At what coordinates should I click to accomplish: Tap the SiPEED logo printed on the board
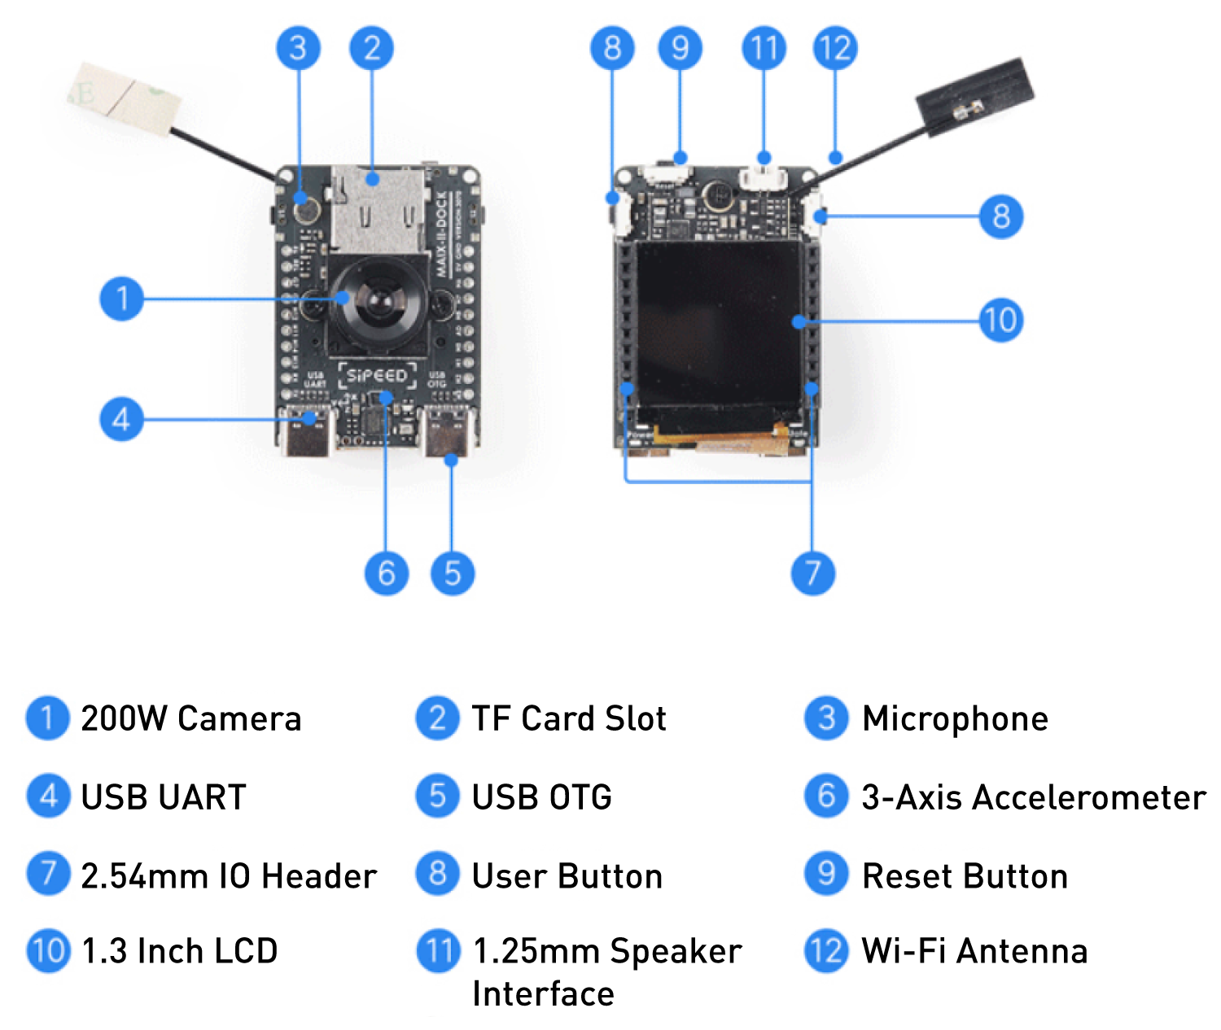pos(376,375)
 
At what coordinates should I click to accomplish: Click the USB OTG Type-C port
pos(447,435)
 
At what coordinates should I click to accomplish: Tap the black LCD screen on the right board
pos(718,330)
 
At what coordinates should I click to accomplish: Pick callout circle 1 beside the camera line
pos(122,299)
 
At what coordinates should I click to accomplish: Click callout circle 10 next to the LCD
pos(1000,320)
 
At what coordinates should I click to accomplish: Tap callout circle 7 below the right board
pos(812,573)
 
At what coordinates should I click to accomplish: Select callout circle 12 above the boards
pos(835,48)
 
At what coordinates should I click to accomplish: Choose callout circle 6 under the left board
pos(386,573)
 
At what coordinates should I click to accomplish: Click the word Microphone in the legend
pos(955,719)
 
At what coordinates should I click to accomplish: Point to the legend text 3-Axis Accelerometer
pos(1033,797)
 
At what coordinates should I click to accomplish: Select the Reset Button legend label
pos(965,876)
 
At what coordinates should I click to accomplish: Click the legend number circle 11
pos(438,951)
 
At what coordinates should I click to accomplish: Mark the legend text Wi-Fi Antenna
pos(974,951)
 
